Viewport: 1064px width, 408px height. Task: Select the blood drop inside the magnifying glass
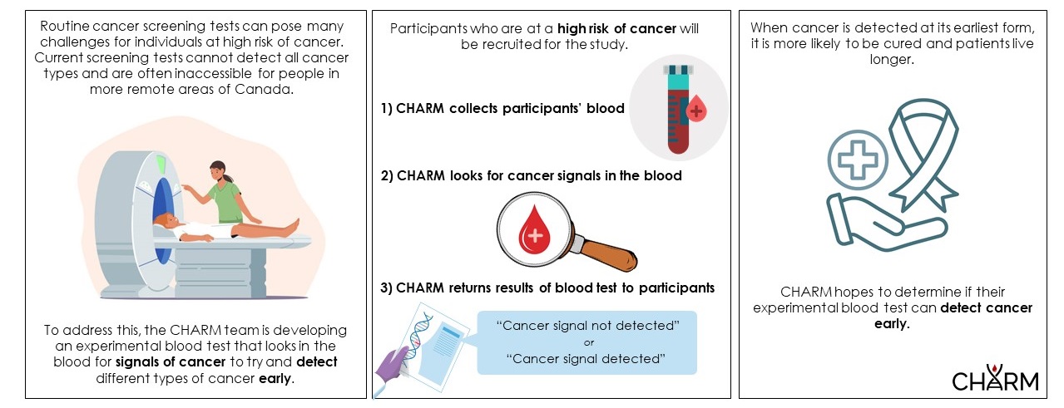533,231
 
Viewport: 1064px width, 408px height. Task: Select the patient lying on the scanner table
225,229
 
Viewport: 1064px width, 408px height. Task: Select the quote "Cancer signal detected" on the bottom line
587,358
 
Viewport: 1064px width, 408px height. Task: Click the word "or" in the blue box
587,342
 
